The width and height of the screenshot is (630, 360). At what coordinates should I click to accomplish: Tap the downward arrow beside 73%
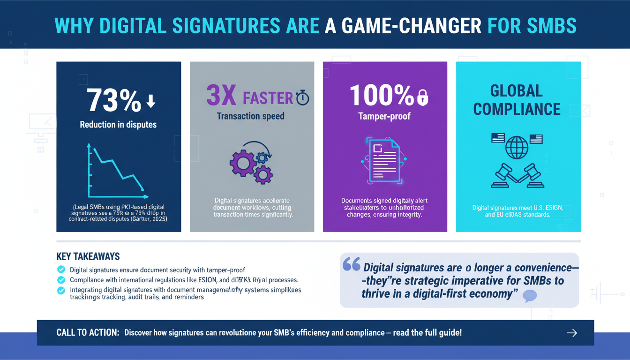click(x=150, y=101)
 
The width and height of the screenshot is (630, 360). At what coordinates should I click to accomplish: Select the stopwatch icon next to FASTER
click(x=302, y=98)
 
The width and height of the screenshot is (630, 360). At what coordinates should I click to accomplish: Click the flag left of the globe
click(x=497, y=138)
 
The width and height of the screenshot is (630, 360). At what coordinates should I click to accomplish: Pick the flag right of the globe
click(x=536, y=138)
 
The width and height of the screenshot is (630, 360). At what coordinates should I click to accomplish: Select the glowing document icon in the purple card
click(x=383, y=161)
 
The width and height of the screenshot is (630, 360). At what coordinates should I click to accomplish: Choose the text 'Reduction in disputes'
click(x=118, y=124)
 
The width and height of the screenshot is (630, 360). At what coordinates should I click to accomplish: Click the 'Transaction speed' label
click(x=250, y=116)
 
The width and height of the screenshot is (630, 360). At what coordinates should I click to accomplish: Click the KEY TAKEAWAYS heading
click(x=88, y=256)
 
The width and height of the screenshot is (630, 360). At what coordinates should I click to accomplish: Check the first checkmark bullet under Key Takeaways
click(x=60, y=270)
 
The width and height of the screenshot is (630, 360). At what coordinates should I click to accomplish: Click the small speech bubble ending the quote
click(x=529, y=295)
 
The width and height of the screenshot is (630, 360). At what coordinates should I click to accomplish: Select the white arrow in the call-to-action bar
click(x=571, y=333)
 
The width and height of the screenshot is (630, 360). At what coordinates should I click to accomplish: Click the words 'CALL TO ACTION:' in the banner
click(x=88, y=333)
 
